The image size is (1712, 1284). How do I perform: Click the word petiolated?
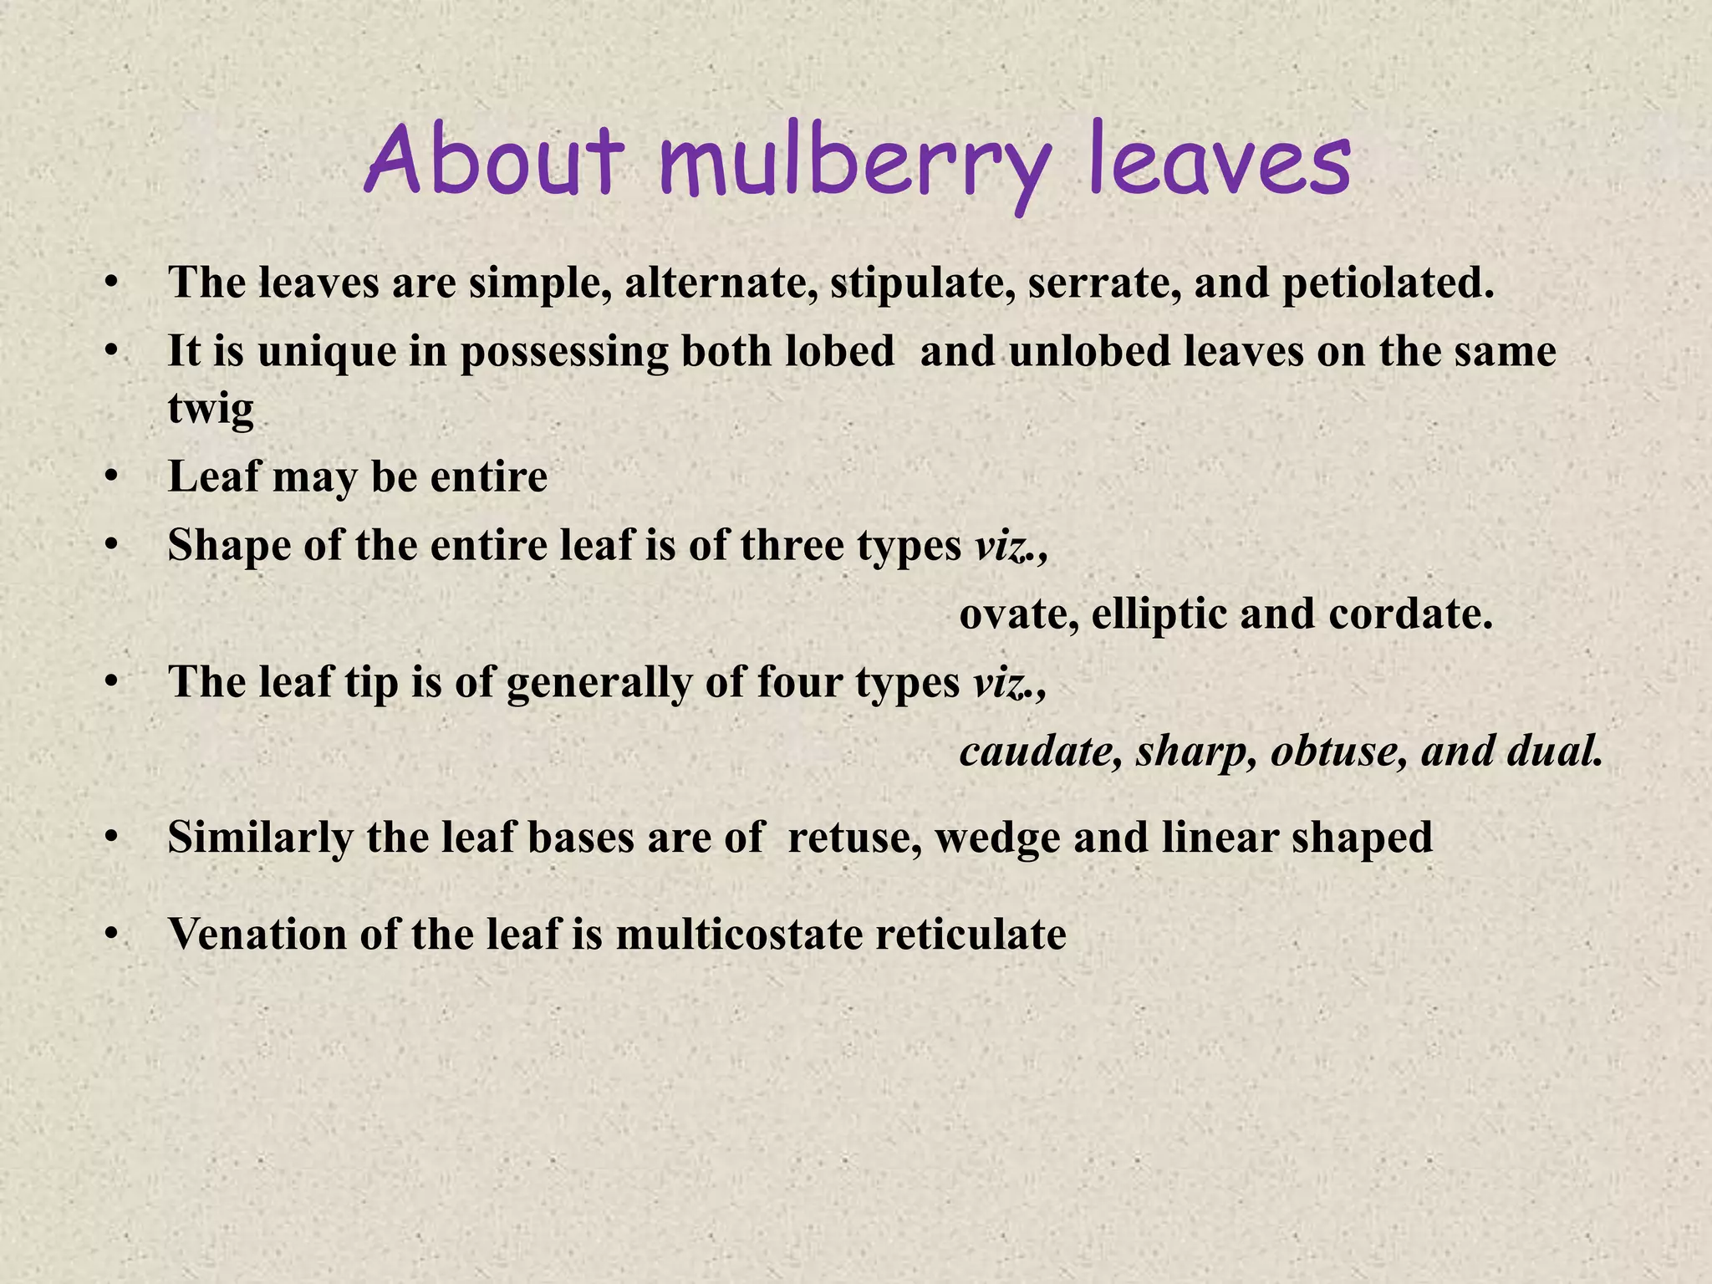[1388, 283]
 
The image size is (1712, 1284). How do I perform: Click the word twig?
[211, 410]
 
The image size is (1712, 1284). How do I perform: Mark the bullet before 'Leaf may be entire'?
[110, 477]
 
